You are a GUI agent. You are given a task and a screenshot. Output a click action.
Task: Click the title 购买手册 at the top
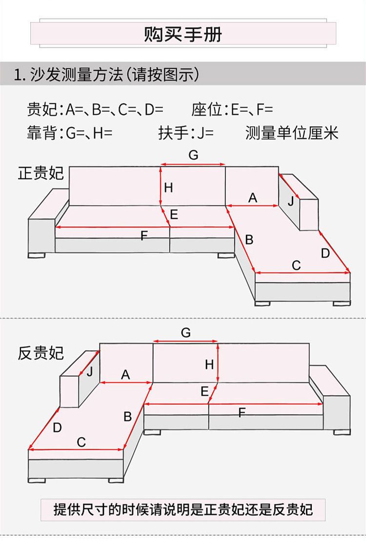click(183, 35)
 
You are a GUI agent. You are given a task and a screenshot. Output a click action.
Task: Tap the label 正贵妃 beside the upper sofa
click(41, 174)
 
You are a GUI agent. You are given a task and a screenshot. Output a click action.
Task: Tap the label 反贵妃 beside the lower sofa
click(41, 353)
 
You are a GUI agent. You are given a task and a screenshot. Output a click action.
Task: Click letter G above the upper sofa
click(193, 155)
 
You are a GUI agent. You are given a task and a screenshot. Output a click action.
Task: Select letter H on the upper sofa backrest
click(168, 187)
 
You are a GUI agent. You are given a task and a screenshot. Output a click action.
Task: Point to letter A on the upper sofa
click(252, 197)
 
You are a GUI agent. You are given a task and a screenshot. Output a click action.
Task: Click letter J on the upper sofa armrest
click(291, 200)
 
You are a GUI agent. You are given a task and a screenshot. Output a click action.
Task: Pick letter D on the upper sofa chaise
click(325, 253)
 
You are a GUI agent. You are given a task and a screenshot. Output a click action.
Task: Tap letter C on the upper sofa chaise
click(296, 266)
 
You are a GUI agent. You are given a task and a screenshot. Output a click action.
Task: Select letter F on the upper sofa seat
click(144, 236)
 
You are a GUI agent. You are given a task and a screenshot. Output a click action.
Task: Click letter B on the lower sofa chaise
click(127, 417)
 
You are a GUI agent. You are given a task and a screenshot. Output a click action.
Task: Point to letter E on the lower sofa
click(204, 391)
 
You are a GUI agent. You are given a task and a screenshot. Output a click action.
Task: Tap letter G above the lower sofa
click(185, 333)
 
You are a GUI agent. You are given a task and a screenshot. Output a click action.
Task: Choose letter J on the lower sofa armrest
click(89, 372)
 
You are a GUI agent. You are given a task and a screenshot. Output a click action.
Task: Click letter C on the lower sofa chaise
click(81, 442)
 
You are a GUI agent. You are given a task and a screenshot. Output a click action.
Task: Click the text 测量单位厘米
click(291, 133)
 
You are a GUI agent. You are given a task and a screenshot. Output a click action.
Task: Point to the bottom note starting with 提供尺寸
click(183, 510)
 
